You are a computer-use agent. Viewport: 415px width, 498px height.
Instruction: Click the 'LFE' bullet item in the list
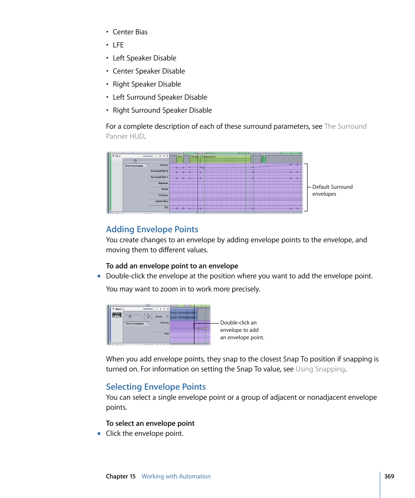pyautogui.click(x=118, y=45)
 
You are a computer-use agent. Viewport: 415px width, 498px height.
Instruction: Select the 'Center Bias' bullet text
pyautogui.click(x=130, y=32)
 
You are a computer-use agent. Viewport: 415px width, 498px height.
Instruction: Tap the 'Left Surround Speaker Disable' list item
pyautogui.click(x=160, y=97)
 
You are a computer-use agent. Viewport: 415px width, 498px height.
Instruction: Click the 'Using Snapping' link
pyautogui.click(x=320, y=369)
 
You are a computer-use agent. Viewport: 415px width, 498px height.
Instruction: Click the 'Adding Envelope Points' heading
pyautogui.click(x=152, y=230)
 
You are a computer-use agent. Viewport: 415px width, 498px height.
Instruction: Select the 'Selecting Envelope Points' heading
pyautogui.click(x=156, y=387)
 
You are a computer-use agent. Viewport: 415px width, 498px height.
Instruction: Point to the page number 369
pyautogui.click(x=389, y=476)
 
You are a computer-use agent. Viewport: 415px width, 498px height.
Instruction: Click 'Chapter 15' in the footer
pyautogui.click(x=120, y=476)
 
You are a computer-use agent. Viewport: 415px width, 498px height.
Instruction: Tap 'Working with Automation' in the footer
pyautogui.click(x=176, y=476)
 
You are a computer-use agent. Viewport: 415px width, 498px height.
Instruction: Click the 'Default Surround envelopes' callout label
pyautogui.click(x=332, y=191)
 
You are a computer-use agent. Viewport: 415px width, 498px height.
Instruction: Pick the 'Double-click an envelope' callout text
pyautogui.click(x=242, y=330)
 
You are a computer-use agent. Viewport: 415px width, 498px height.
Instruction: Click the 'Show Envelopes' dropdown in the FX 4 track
pyautogui.click(x=136, y=166)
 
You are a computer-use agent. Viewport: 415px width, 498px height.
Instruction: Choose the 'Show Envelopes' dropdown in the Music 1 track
pyautogui.click(x=137, y=324)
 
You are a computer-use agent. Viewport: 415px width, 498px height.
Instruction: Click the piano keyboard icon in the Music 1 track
pyautogui.click(x=117, y=315)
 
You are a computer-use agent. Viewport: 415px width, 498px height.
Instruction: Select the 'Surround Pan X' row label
pyautogui.click(x=159, y=171)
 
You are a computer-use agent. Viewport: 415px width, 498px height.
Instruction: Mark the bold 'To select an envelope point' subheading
pyautogui.click(x=150, y=424)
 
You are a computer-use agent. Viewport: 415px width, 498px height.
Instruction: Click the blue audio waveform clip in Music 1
pyautogui.click(x=183, y=314)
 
